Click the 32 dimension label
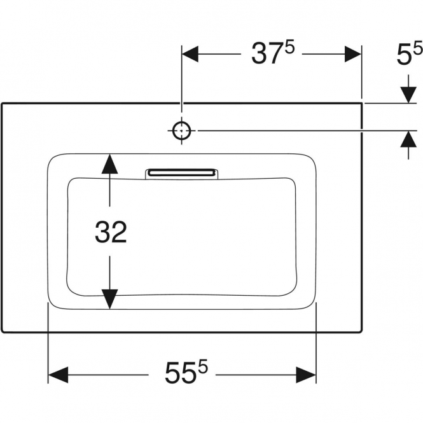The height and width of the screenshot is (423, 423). (111, 232)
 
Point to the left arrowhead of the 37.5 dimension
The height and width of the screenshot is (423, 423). (190, 54)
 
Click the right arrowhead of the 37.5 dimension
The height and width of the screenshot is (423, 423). (353, 54)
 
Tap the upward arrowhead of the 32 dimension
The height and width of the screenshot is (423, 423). (109, 163)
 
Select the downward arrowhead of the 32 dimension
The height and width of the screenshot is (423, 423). (109, 299)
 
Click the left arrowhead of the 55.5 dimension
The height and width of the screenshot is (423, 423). (58, 375)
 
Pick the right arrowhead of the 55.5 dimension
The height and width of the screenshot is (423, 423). (306, 375)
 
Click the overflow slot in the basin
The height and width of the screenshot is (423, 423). (181, 173)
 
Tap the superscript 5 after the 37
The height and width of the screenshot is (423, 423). (290, 48)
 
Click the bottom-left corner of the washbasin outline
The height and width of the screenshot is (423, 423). (2, 331)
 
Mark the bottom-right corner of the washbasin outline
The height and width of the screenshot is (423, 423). (361, 331)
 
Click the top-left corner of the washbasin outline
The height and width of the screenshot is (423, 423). (2, 103)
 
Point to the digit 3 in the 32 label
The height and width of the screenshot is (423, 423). (102, 232)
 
